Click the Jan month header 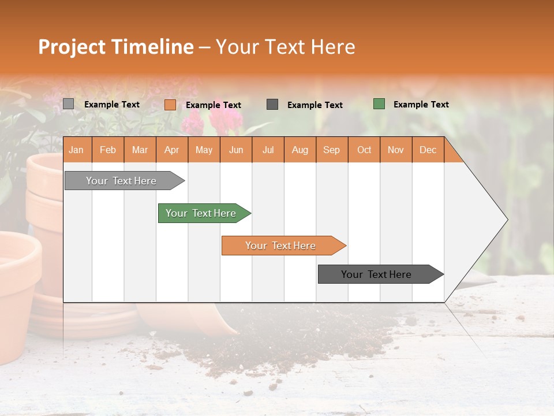76,150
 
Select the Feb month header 108,150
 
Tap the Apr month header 171,150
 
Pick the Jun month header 235,150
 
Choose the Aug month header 300,150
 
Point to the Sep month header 331,150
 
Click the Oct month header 364,150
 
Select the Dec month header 428,150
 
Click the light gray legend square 69,104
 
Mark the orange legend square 170,105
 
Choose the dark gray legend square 272,104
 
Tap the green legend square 379,104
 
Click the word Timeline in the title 152,47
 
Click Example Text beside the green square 421,105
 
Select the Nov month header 395,150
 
